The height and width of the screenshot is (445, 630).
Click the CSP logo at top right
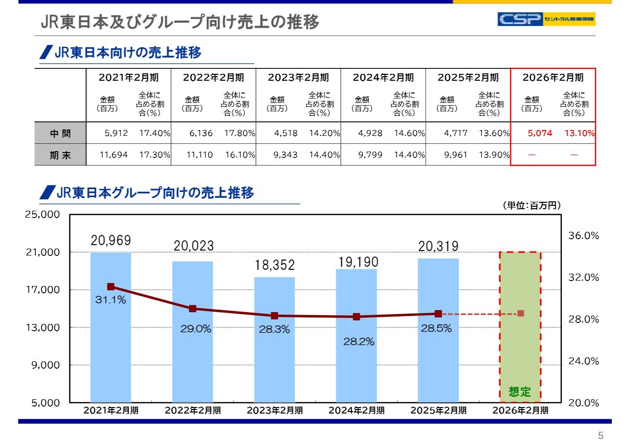click(x=546, y=19)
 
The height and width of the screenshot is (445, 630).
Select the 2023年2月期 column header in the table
click(x=298, y=77)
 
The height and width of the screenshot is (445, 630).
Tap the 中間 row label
click(x=60, y=133)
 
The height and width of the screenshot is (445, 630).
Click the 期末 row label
click(x=60, y=155)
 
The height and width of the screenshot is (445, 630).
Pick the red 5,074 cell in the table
click(x=540, y=133)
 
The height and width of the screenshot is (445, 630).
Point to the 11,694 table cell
click(x=114, y=155)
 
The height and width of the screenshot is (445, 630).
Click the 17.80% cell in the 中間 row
click(x=239, y=133)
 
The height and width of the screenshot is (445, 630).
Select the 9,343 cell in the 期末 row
click(x=285, y=155)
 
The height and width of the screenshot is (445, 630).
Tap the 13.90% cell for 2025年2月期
click(x=494, y=155)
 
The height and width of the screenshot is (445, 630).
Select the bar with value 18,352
click(x=275, y=340)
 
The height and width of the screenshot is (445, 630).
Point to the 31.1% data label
click(x=111, y=300)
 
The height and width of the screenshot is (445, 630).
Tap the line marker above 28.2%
click(x=356, y=317)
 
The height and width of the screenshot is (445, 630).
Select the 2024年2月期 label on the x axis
click(x=356, y=411)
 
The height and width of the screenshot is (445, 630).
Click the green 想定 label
click(x=520, y=392)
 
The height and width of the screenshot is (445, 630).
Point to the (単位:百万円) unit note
click(x=532, y=205)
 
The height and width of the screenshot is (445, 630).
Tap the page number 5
click(x=600, y=436)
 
